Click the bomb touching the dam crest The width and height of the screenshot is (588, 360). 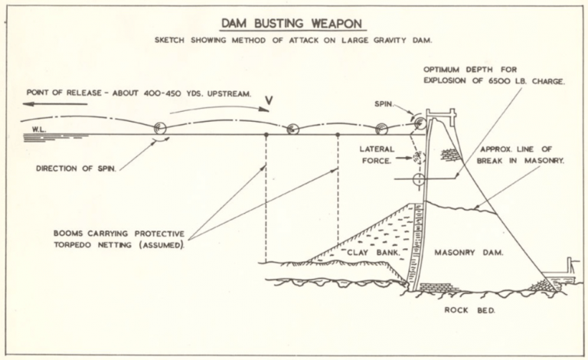(x=419, y=123)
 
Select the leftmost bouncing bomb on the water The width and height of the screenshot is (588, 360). (x=160, y=129)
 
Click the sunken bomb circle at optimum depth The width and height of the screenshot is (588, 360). (x=417, y=181)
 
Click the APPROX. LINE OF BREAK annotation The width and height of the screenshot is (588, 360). (x=522, y=155)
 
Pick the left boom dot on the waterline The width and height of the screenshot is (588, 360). (x=266, y=136)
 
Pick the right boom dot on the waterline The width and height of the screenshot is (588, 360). (x=338, y=136)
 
